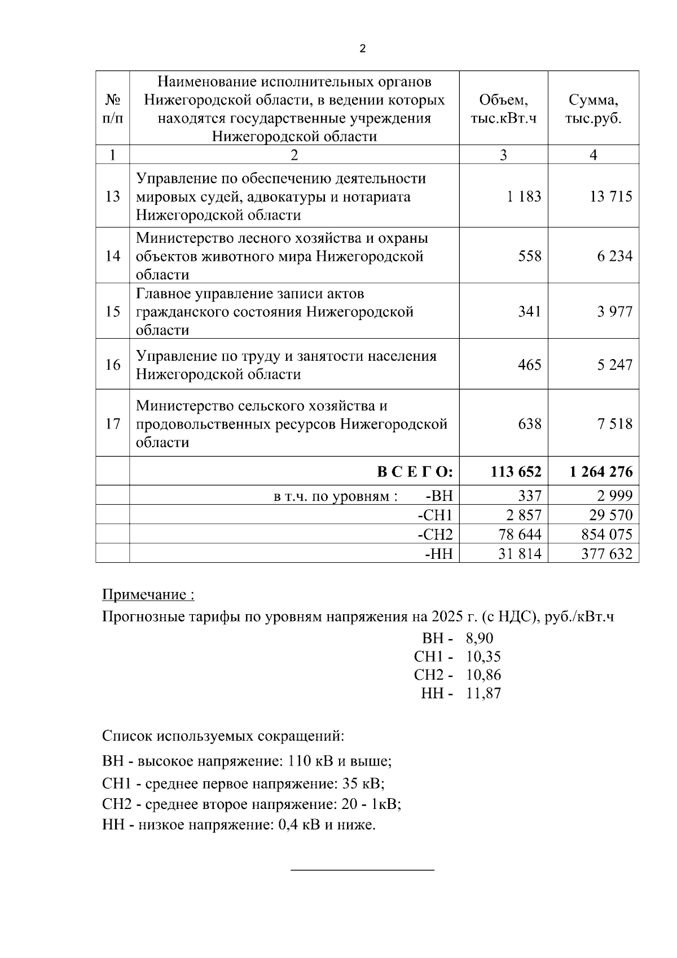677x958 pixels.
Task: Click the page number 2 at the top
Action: pos(362,49)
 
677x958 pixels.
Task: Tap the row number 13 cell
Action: pos(113,196)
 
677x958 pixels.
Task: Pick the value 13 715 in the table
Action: pos(611,196)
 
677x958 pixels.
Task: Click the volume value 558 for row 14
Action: pos(529,256)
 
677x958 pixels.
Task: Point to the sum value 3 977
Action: pos(615,312)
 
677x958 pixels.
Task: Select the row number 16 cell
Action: pos(113,365)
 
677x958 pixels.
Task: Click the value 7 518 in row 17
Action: pos(615,424)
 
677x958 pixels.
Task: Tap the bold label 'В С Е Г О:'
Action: pos(415,472)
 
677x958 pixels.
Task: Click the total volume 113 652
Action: pos(516,472)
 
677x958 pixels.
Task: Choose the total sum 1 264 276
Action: pos(601,472)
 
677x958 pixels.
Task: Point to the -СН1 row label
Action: pos(435,515)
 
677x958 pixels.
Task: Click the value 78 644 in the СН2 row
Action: pos(520,535)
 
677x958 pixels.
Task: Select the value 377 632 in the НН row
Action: pos(606,554)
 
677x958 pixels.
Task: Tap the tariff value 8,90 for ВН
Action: pos(480,638)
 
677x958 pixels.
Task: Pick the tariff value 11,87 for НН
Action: pos(483,693)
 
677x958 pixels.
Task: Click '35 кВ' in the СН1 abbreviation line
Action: pos(362,784)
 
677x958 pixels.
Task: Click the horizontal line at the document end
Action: pos(362,870)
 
